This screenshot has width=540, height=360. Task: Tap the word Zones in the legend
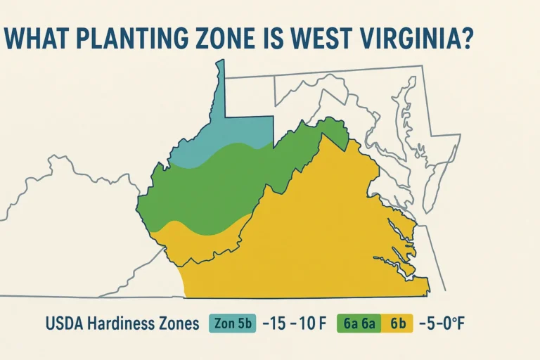(181, 324)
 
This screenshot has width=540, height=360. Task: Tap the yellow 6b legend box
(398, 324)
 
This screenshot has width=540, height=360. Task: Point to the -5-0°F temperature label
(444, 324)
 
